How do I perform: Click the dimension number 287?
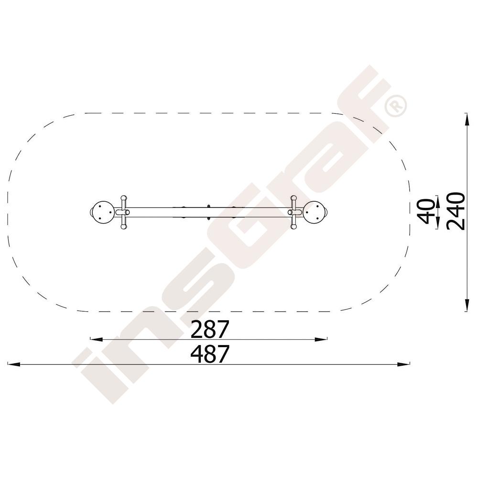pyautogui.click(x=209, y=329)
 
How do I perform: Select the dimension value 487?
pyautogui.click(x=209, y=354)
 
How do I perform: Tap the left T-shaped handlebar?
pyautogui.click(x=123, y=212)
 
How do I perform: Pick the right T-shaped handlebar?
pyautogui.click(x=294, y=212)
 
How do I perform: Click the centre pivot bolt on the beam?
pyautogui.click(x=208, y=212)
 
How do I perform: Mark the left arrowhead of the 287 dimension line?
pyautogui.click(x=97, y=339)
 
